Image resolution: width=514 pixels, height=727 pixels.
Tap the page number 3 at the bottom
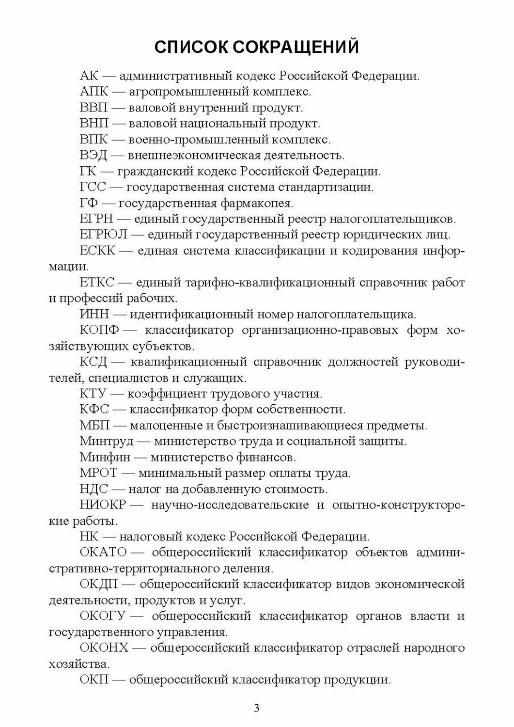(257, 708)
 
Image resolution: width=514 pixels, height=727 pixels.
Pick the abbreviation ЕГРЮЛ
(104, 235)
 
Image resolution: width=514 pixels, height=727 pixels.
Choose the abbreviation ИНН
(96, 315)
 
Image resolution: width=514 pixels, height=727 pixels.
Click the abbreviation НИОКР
(103, 505)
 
